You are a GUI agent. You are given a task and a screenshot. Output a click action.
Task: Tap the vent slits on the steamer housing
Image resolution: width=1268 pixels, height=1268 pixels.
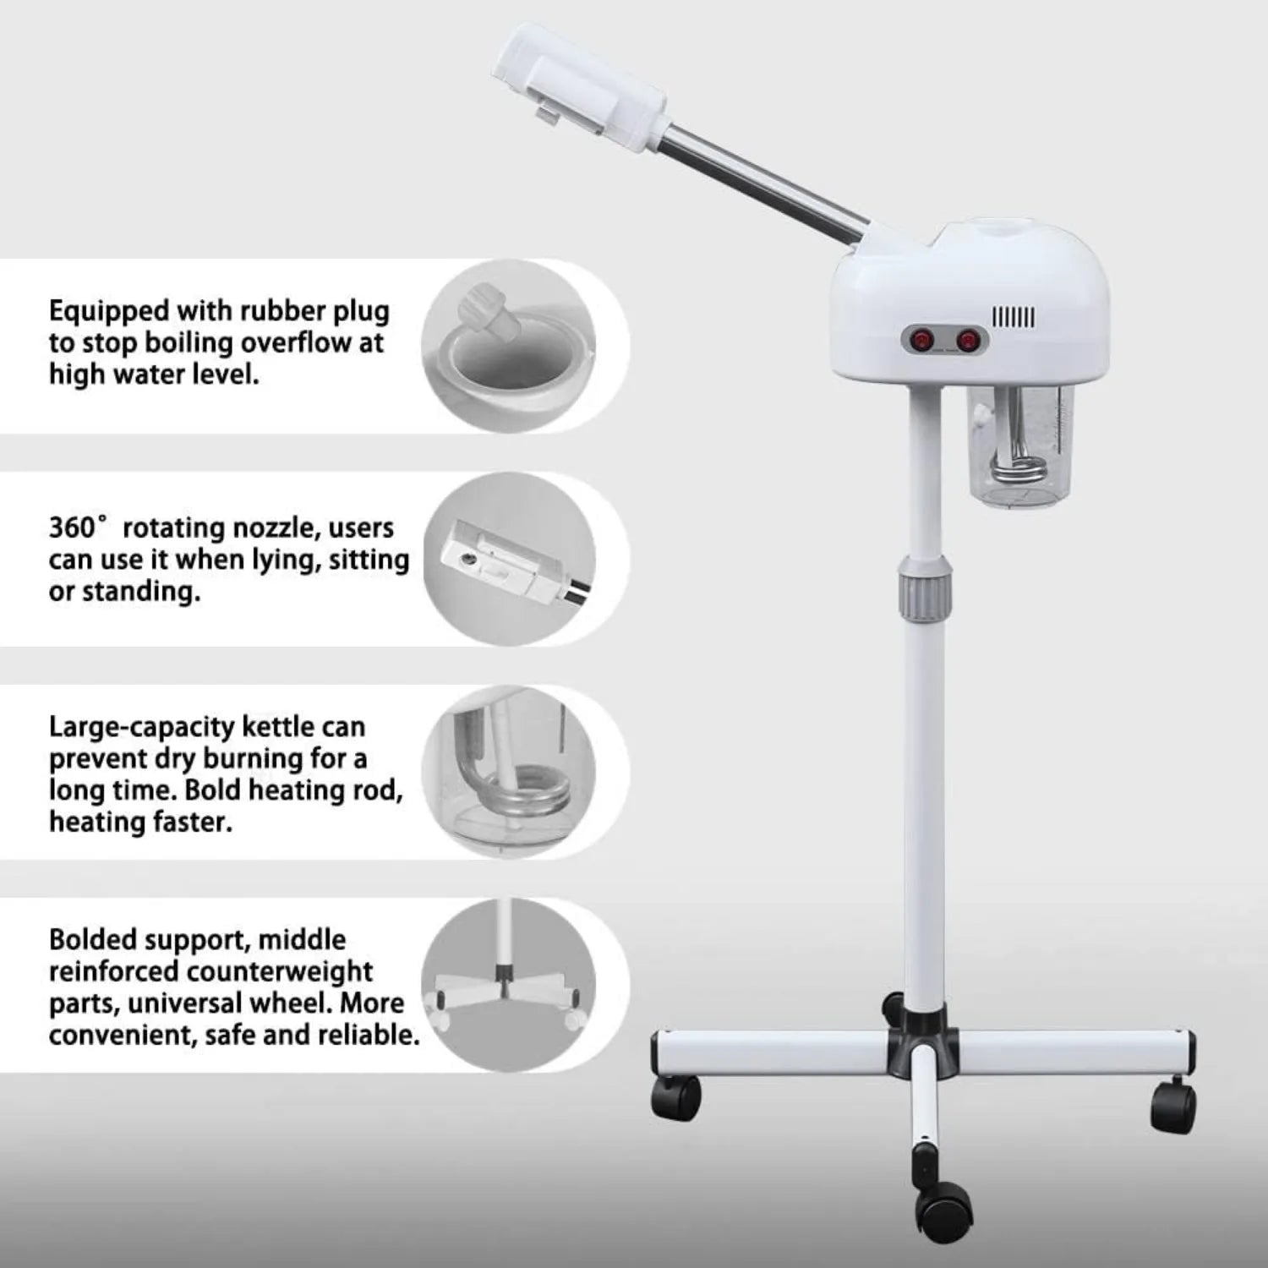pyautogui.click(x=1013, y=318)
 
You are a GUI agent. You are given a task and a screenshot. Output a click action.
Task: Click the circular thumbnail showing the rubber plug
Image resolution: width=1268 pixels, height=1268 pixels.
pyautogui.click(x=508, y=346)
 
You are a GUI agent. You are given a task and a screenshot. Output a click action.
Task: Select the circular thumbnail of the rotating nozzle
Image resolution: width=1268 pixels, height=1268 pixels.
pyautogui.click(x=508, y=559)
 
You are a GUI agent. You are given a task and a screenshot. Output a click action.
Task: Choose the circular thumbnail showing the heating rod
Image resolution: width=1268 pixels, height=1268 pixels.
pyautogui.click(x=508, y=772)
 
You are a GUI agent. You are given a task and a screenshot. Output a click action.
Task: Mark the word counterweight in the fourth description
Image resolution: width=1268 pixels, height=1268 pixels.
pyautogui.click(x=280, y=971)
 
